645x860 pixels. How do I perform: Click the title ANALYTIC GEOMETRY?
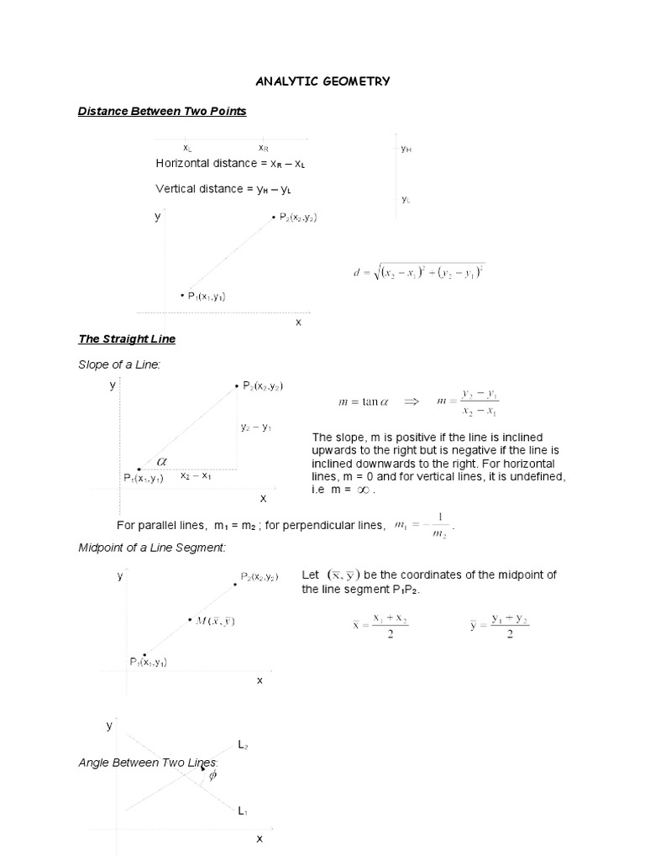point(322,81)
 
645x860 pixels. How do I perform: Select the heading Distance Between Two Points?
point(162,111)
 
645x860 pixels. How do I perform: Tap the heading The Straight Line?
point(127,339)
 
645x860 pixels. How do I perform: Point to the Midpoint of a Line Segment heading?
point(153,548)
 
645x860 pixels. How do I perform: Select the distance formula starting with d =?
point(419,272)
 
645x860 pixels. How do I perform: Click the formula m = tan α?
point(359,402)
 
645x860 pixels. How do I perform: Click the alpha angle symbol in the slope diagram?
point(162,461)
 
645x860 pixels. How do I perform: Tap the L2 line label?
point(242,745)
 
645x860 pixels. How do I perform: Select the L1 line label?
point(242,811)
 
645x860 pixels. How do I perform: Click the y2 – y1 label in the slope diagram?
point(255,427)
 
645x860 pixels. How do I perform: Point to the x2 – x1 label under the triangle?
point(196,475)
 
